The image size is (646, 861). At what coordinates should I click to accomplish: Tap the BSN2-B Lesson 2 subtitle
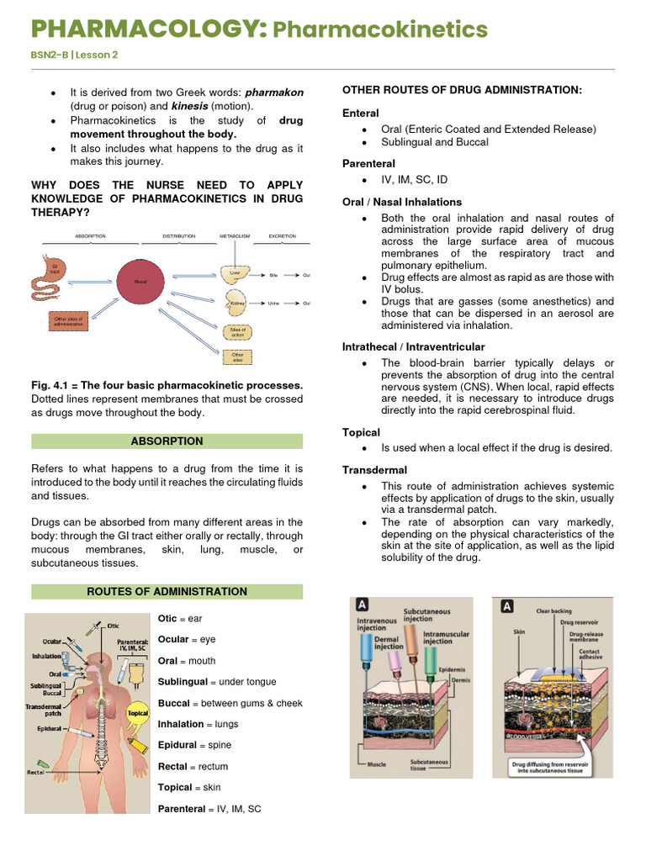pyautogui.click(x=75, y=55)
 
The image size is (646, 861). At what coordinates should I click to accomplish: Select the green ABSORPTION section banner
pyautogui.click(x=167, y=441)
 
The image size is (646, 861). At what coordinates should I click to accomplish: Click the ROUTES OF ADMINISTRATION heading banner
pyautogui.click(x=167, y=591)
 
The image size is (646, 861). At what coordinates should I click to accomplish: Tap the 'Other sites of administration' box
pyautogui.click(x=68, y=321)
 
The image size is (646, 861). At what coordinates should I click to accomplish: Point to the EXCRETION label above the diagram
pyautogui.click(x=282, y=236)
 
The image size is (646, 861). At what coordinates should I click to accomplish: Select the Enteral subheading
pyautogui.click(x=361, y=113)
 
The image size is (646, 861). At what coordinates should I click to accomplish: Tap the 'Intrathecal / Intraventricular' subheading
pyautogui.click(x=413, y=346)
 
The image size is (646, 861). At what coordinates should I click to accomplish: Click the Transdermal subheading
pyautogui.click(x=374, y=470)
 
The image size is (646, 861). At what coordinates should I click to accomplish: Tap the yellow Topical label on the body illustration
pyautogui.click(x=137, y=713)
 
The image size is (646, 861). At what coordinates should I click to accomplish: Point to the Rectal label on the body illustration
pyautogui.click(x=35, y=771)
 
